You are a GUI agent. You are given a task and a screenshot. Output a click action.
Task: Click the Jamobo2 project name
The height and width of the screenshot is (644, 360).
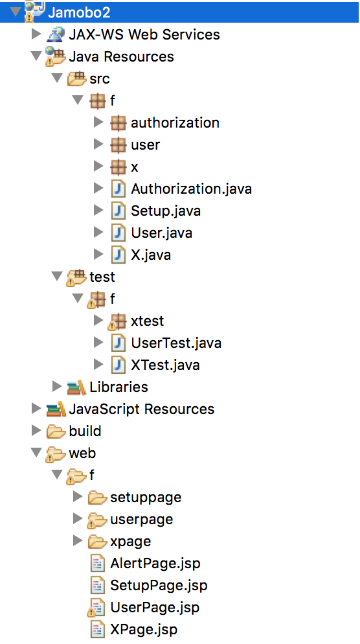(x=79, y=12)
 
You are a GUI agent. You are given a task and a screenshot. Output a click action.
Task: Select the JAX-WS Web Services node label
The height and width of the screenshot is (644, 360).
(x=144, y=34)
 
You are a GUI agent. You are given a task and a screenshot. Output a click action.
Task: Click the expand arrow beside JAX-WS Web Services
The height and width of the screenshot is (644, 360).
(x=36, y=34)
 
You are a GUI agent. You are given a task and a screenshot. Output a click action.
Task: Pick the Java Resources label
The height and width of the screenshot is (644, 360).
(x=121, y=56)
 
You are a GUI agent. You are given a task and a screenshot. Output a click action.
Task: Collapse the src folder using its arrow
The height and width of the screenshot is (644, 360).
(x=57, y=78)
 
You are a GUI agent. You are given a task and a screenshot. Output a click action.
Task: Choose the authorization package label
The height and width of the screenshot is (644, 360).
(x=175, y=122)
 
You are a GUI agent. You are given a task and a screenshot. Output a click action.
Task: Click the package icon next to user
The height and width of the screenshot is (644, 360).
(x=118, y=144)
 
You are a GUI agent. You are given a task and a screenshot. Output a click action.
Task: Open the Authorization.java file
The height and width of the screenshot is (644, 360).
(x=191, y=189)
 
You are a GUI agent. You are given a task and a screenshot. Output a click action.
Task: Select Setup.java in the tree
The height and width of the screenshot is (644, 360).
(x=166, y=211)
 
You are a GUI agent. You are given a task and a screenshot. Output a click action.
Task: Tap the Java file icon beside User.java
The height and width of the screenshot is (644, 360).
(x=118, y=233)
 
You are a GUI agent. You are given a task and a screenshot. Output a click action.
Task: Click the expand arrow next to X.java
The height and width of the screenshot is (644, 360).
(x=98, y=255)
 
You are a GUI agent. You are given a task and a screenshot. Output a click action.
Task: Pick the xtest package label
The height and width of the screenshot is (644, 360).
(x=148, y=321)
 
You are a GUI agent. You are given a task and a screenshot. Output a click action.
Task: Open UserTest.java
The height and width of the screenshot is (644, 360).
(x=176, y=343)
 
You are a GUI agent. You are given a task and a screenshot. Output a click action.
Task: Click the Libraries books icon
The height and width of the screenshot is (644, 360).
(x=76, y=387)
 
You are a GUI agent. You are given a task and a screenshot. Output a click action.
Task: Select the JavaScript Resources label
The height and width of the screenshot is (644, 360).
(x=142, y=409)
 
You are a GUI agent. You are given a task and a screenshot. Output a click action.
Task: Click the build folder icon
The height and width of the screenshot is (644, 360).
(x=56, y=431)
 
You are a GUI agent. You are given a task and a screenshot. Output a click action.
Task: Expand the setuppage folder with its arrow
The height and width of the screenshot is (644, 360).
(x=78, y=496)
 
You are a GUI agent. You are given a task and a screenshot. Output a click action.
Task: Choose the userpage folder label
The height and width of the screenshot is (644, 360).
(x=142, y=519)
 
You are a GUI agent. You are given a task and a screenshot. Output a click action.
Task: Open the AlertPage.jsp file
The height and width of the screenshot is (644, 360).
(x=155, y=563)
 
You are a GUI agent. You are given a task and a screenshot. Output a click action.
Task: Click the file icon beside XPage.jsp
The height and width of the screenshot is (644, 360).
(x=97, y=629)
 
